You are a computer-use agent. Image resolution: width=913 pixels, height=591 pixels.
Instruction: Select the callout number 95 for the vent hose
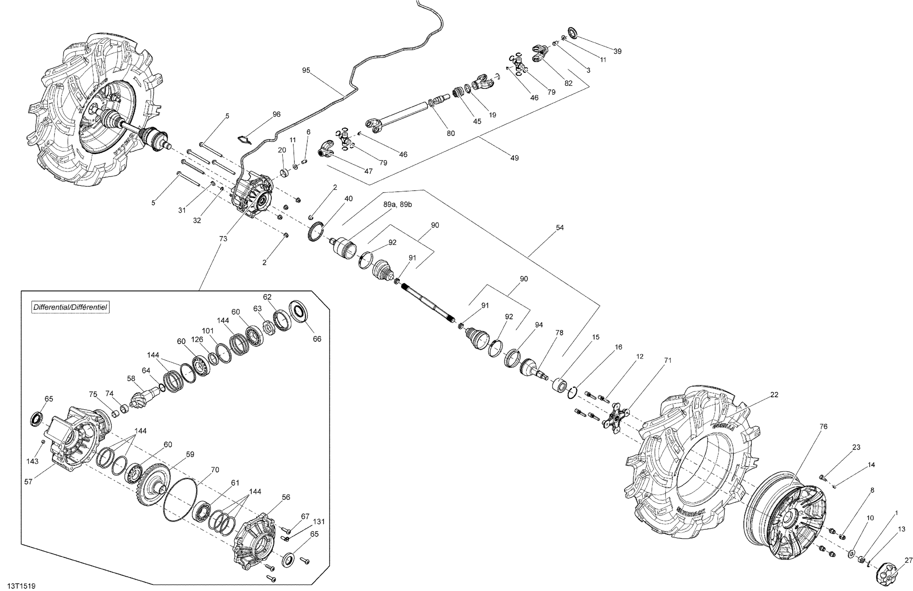pyautogui.click(x=306, y=70)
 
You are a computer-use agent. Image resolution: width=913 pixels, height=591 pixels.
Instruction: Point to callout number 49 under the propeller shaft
pyautogui.click(x=514, y=158)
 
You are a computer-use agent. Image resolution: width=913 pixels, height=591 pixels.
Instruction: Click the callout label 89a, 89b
pyautogui.click(x=397, y=205)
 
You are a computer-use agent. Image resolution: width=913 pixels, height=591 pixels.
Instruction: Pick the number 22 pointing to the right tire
pyautogui.click(x=774, y=395)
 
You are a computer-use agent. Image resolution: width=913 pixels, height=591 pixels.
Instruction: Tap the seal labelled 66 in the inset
pyautogui.click(x=299, y=311)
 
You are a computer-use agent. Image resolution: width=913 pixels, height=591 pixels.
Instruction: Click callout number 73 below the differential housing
pyautogui.click(x=223, y=239)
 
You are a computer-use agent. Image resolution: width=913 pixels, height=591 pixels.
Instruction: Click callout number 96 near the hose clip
pyautogui.click(x=276, y=114)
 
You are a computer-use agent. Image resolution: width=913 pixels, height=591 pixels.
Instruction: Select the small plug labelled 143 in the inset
pyautogui.click(x=43, y=442)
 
